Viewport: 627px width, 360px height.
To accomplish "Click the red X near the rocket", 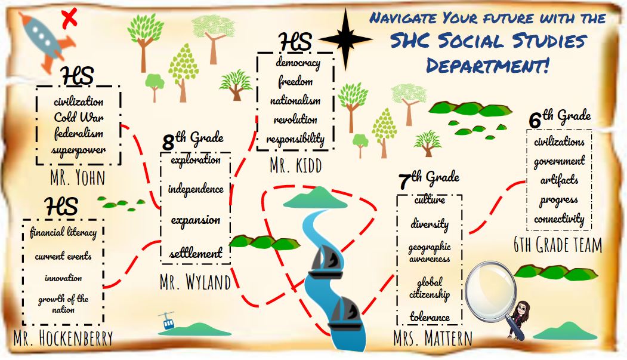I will point(70,18).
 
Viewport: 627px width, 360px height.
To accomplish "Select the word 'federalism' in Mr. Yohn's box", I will point(78,133).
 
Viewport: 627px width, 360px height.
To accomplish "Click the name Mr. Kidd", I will point(295,165).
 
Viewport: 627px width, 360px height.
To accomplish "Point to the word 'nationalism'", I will point(295,100).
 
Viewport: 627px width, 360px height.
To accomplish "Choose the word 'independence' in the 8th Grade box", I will point(196,189).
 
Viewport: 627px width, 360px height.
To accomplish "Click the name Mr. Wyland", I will point(195,282).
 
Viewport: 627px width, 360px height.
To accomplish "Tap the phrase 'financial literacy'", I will point(63,232).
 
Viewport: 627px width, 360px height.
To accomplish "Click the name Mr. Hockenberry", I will point(63,338).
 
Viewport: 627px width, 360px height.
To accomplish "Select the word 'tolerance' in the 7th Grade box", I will point(430,316).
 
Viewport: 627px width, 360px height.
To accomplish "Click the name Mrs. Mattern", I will point(433,339).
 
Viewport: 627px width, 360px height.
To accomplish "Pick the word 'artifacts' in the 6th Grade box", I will point(559,180).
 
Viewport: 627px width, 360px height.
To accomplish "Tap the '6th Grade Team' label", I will point(558,245).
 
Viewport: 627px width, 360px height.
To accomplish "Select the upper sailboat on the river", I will point(324,260).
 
